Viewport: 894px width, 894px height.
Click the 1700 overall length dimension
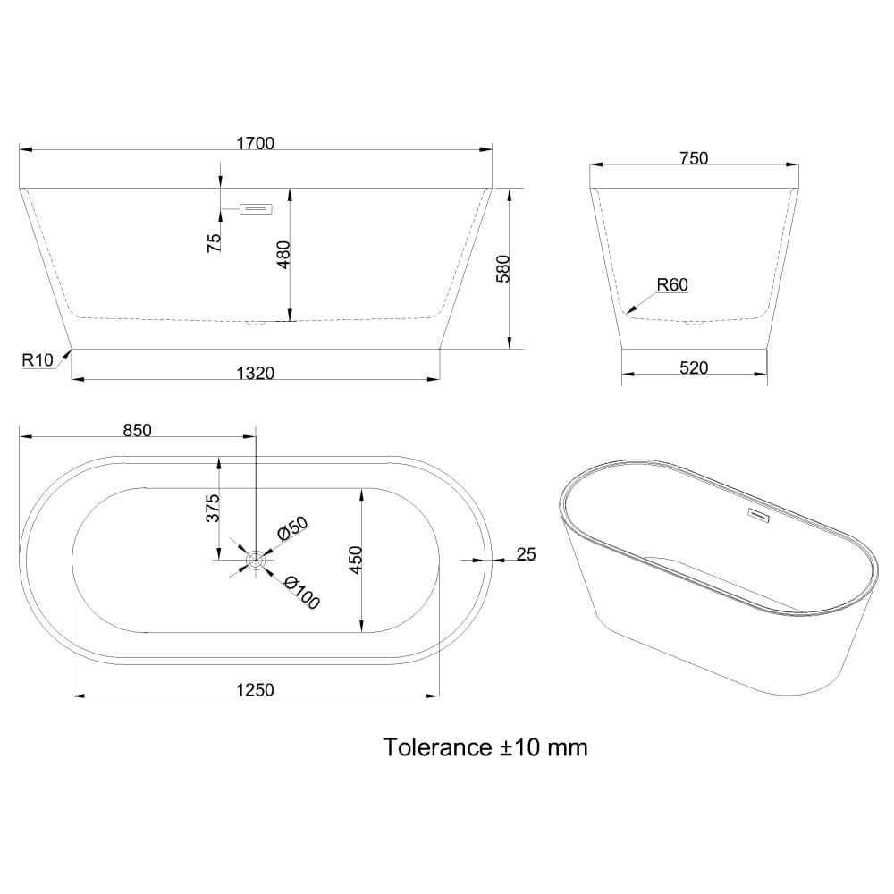[x=256, y=143]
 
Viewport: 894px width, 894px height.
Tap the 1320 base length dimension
[x=256, y=373]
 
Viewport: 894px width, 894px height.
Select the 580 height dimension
[x=502, y=269]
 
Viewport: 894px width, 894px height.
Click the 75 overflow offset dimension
[x=214, y=243]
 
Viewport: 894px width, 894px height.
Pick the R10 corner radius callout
[x=37, y=359]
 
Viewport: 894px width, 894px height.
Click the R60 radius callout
[x=672, y=284]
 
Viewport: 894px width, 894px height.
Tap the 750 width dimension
[x=694, y=158]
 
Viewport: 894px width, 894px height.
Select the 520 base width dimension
[x=694, y=367]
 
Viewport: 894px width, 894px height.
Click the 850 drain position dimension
[x=138, y=430]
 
